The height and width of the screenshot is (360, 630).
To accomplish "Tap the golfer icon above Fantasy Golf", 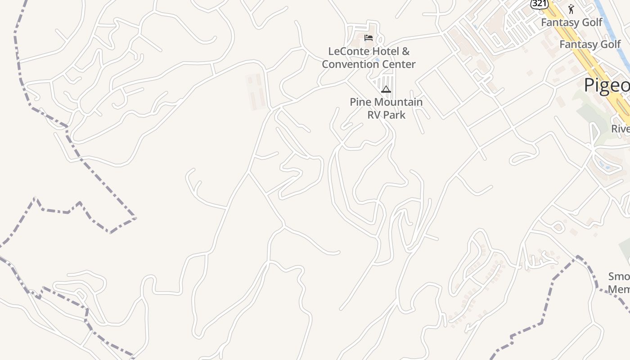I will [571, 9].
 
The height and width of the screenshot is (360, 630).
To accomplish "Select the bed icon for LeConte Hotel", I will [369, 38].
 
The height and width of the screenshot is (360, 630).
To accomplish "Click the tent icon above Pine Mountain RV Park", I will [386, 90].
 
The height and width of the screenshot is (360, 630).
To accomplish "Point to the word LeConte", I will [346, 51].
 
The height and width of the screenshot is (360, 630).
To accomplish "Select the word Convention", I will [349, 64].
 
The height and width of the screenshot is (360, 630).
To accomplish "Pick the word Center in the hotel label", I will [397, 64].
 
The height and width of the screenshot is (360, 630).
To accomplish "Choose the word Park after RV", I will [394, 115].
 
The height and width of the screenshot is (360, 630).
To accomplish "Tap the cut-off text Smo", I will [619, 276].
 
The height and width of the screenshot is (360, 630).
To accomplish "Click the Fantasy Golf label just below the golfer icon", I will [571, 22].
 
